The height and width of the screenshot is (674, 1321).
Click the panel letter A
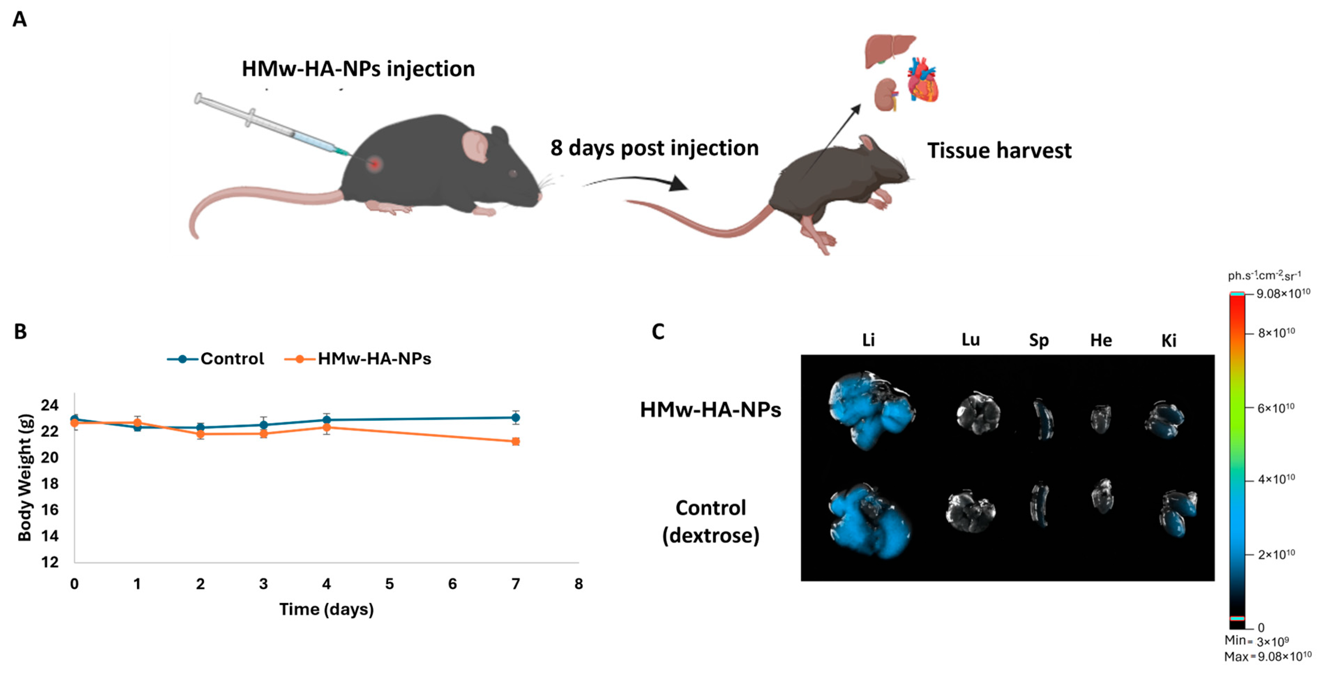pyautogui.click(x=20, y=20)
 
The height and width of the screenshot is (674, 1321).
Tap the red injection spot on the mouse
pyautogui.click(x=375, y=164)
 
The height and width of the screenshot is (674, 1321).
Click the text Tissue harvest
pyautogui.click(x=999, y=151)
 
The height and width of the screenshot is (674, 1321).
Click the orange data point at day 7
pyautogui.click(x=516, y=441)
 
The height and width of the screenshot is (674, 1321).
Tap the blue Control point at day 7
pyautogui.click(x=516, y=418)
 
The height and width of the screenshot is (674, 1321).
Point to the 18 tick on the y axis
pyautogui.click(x=50, y=483)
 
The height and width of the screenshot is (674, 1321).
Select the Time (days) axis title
pyautogui.click(x=326, y=610)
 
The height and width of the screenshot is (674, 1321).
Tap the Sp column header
pyautogui.click(x=1039, y=340)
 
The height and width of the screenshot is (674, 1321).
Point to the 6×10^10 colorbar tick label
pyautogui.click(x=1276, y=408)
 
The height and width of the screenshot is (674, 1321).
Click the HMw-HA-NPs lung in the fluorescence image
pyautogui.click(x=978, y=413)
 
